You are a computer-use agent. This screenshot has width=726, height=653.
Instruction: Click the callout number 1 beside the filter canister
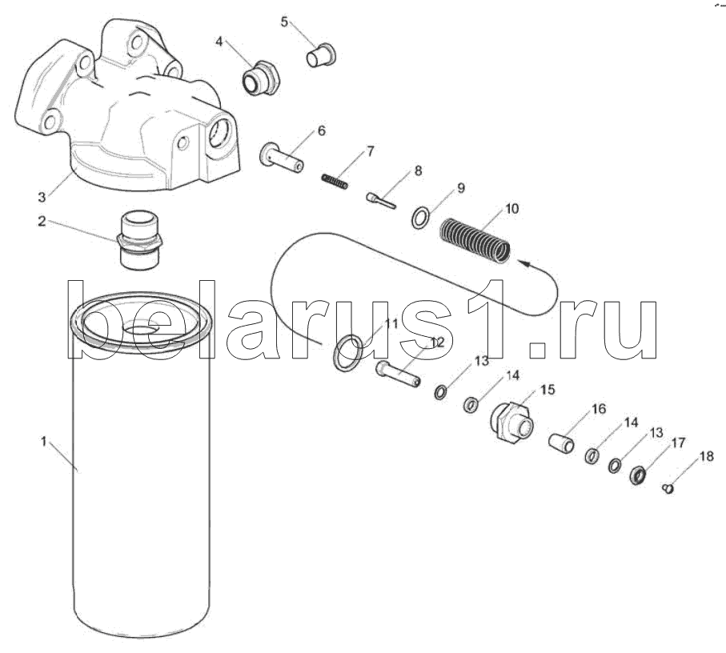click(x=43, y=441)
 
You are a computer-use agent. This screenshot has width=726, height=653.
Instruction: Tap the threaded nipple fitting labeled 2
click(x=140, y=240)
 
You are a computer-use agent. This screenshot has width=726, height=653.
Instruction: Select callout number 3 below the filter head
click(x=42, y=197)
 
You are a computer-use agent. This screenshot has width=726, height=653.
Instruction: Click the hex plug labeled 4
click(x=260, y=78)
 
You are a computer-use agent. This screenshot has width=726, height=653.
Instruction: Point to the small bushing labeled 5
click(x=320, y=55)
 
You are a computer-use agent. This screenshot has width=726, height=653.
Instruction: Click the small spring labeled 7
click(x=335, y=181)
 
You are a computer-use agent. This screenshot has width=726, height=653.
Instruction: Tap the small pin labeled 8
click(x=380, y=201)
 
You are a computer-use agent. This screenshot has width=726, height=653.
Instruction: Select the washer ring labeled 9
click(x=420, y=218)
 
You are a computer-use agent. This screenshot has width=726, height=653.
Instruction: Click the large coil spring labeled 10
click(x=475, y=240)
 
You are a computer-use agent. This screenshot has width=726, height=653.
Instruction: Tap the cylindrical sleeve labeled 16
click(x=562, y=443)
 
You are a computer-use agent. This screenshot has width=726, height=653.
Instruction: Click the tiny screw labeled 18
click(x=668, y=488)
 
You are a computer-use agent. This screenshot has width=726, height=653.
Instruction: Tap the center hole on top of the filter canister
click(x=140, y=328)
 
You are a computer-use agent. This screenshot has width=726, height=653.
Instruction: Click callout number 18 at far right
click(x=707, y=456)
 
